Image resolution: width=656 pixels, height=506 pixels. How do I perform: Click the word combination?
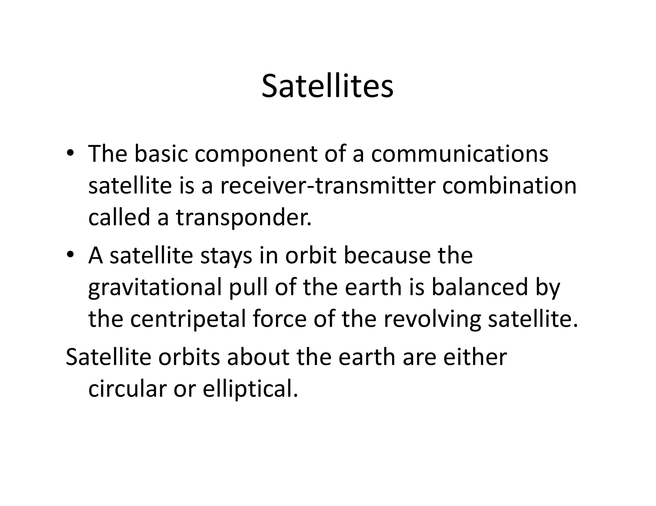pos(509,186)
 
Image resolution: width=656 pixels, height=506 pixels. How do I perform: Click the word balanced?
pos(480,287)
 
